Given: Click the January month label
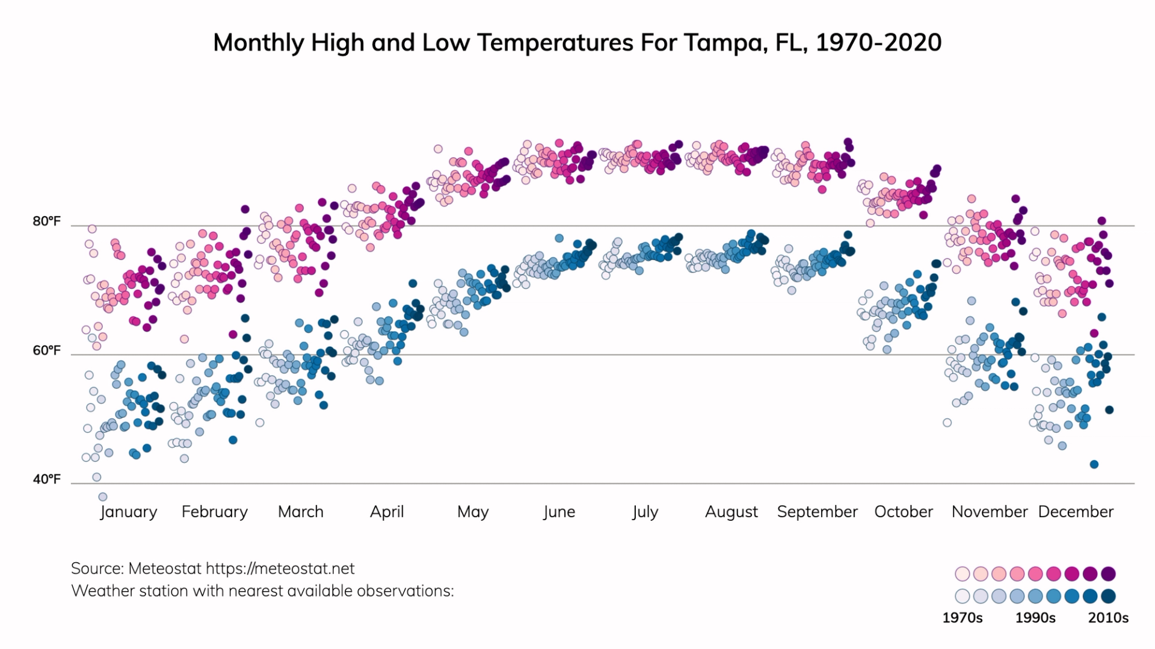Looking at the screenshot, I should tap(128, 512).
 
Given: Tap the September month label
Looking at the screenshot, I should tap(817, 512).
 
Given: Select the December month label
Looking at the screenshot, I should tap(1076, 512).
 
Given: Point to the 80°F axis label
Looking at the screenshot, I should tap(47, 222).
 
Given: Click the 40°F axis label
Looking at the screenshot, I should tap(47, 479).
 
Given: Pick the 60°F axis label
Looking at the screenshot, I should tap(47, 350).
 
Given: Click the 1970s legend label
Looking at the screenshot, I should tap(962, 618).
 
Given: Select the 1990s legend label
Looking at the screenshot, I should tap(1035, 618).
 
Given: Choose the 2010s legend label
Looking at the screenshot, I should tap(1108, 618).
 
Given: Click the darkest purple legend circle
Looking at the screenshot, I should tap(1108, 573).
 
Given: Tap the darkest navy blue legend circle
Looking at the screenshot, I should tap(1108, 596).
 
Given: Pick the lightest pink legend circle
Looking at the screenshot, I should tap(962, 573).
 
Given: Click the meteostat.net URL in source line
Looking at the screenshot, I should tap(280, 568).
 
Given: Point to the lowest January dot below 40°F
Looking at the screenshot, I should tap(103, 497).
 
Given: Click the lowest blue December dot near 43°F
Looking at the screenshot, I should tap(1094, 464).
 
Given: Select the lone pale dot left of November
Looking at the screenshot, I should tap(947, 423).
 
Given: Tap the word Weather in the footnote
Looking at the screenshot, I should tap(99, 591).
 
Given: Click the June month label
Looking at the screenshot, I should tap(559, 512).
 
